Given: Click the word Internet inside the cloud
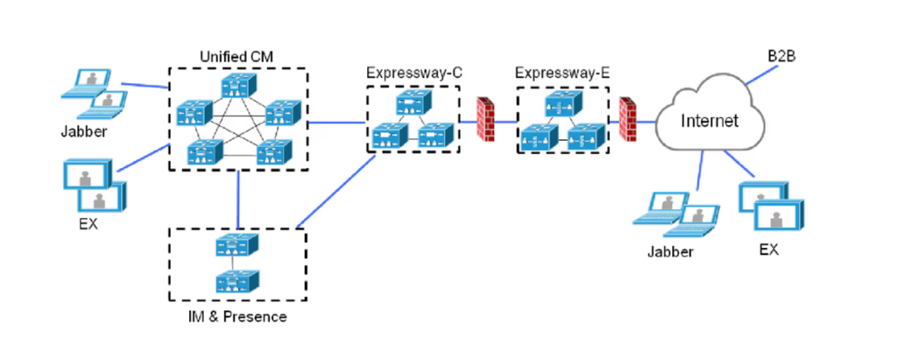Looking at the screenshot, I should pyautogui.click(x=710, y=120).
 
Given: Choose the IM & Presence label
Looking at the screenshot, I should pyautogui.click(x=238, y=316).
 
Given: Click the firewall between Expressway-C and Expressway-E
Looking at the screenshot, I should pyautogui.click(x=484, y=119).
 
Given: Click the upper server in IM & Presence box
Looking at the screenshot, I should pyautogui.click(x=237, y=247).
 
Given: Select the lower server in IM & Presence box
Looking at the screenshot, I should pyautogui.click(x=237, y=280).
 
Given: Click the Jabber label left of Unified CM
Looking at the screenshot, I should pyautogui.click(x=86, y=133).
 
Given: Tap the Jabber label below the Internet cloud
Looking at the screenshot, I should pyautogui.click(x=670, y=251).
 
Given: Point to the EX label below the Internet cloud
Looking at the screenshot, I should pyautogui.click(x=768, y=250).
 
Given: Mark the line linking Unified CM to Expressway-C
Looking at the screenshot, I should pyautogui.click(x=337, y=124).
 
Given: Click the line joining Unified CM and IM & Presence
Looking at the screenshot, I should pyautogui.click(x=237, y=199).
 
